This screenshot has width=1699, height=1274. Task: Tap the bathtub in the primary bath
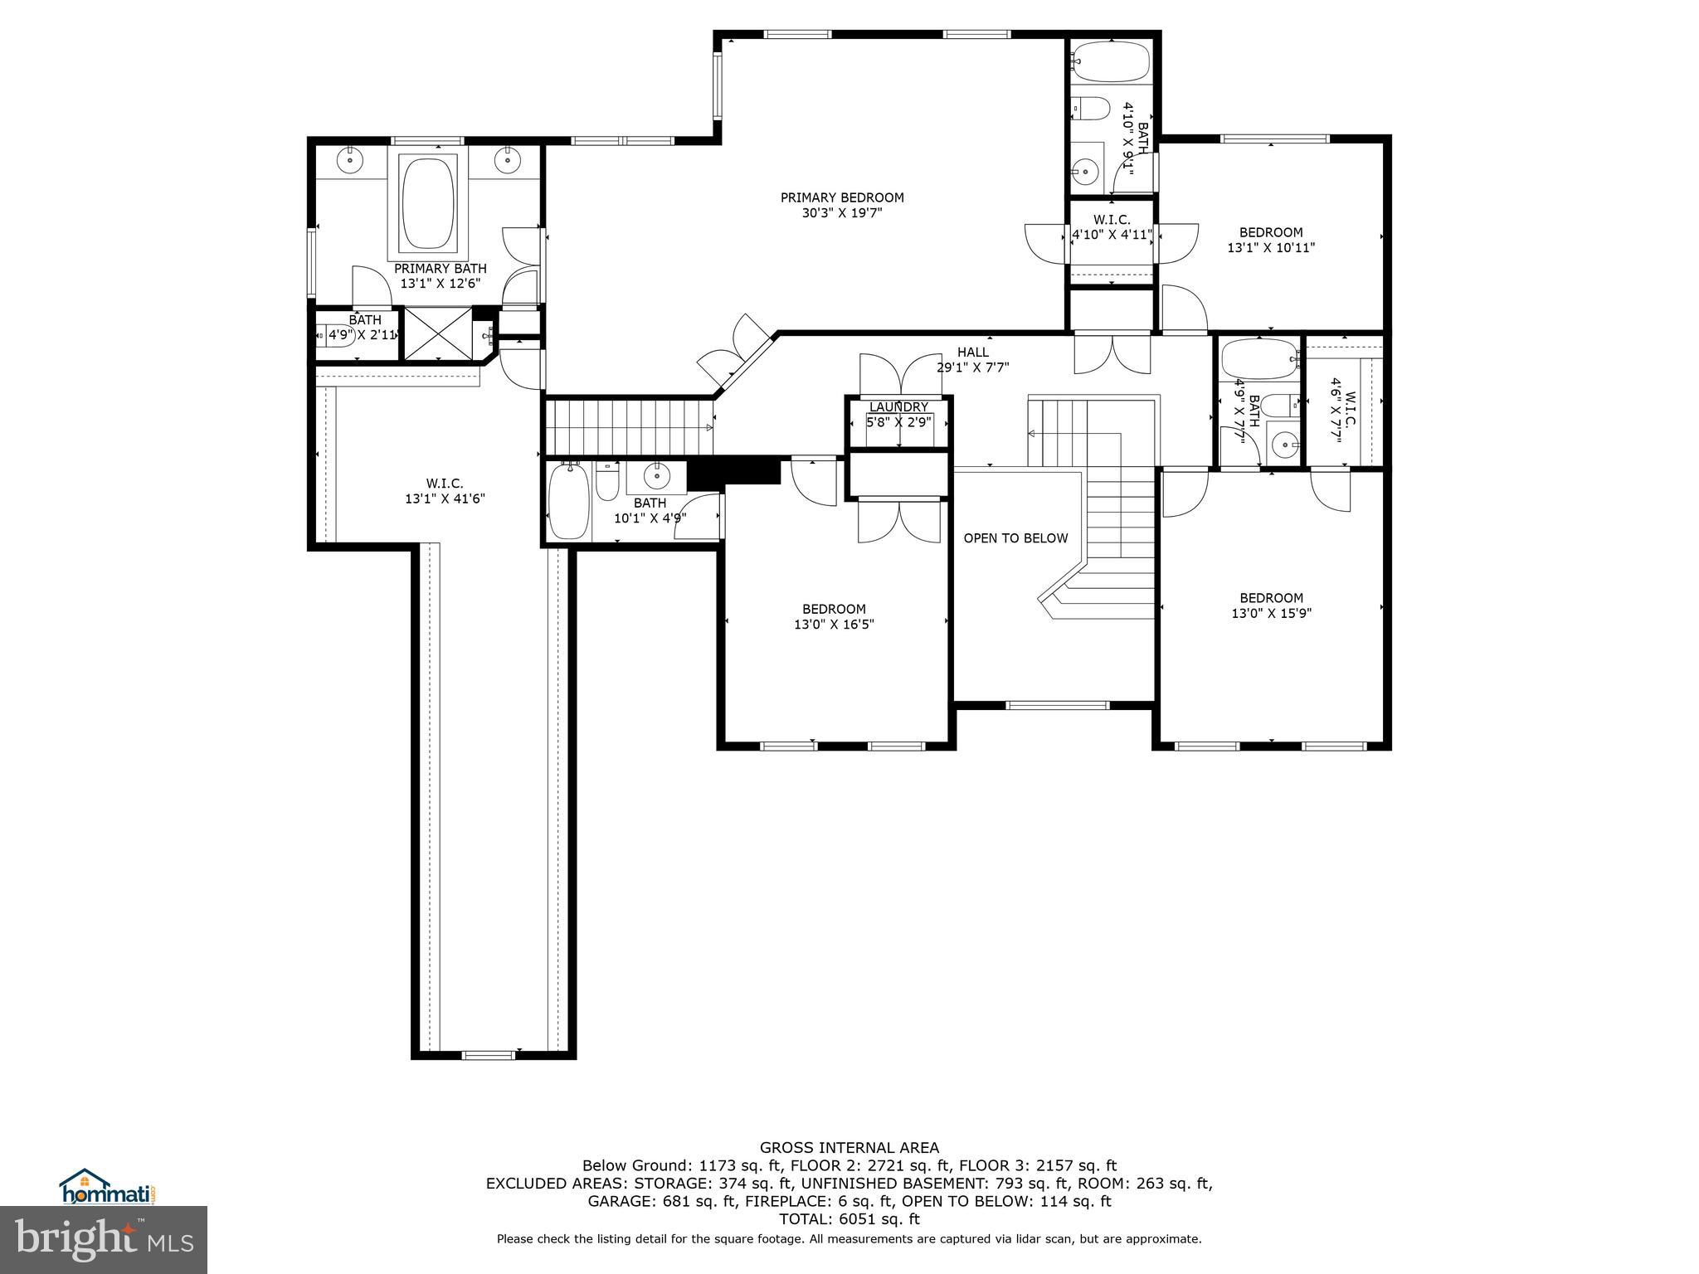pyautogui.click(x=428, y=204)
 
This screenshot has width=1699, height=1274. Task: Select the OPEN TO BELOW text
pyautogui.click(x=1015, y=538)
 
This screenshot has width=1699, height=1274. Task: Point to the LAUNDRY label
pyautogui.click(x=898, y=407)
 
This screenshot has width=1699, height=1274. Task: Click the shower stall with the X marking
pyautogui.click(x=437, y=333)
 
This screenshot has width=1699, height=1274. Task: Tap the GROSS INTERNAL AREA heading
pyautogui.click(x=849, y=1148)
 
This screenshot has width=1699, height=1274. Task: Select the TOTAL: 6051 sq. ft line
pyautogui.click(x=849, y=1219)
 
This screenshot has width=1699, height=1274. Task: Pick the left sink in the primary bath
pyautogui.click(x=351, y=158)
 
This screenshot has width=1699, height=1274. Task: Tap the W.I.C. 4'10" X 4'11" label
pyautogui.click(x=1111, y=227)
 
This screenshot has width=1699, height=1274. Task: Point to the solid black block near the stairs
pyautogui.click(x=733, y=472)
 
